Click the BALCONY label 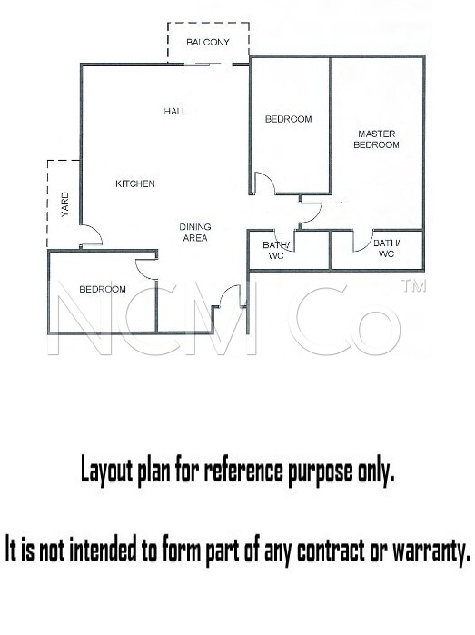click(208, 42)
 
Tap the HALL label click(175, 111)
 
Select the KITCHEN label click(135, 184)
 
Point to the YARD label click(64, 204)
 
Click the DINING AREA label click(195, 233)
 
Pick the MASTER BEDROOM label click(377, 139)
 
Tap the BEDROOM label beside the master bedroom click(289, 119)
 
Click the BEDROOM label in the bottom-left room click(103, 289)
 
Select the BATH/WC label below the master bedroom click(386, 248)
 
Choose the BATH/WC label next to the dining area click(276, 250)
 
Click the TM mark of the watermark click(413, 286)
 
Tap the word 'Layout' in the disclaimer click(107, 470)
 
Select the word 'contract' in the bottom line click(330, 549)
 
